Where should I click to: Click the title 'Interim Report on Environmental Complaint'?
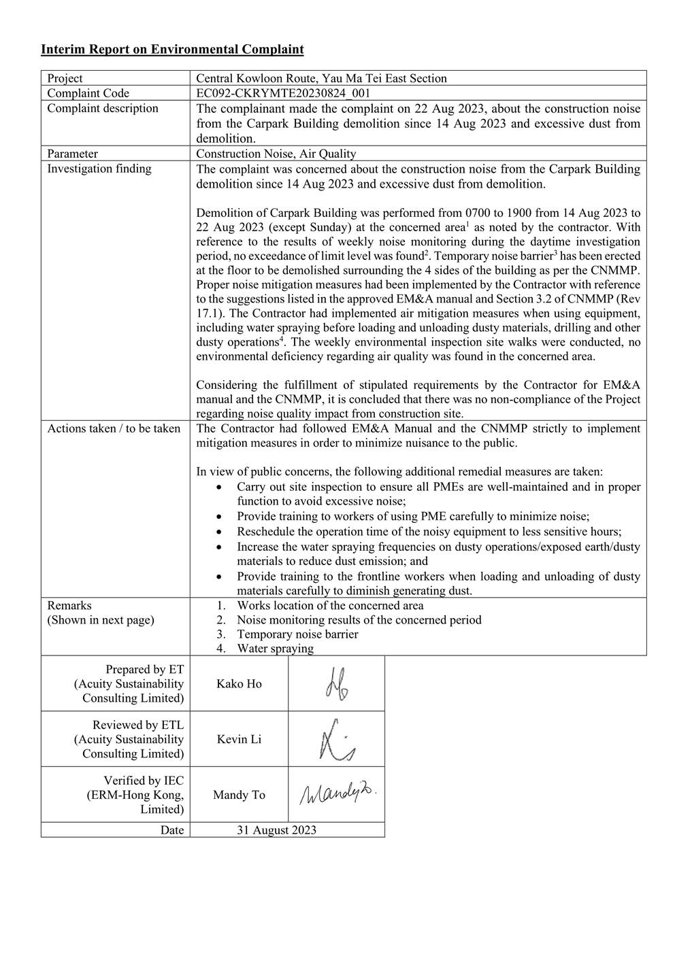tap(172, 50)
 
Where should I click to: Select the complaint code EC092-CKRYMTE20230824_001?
tap(283, 93)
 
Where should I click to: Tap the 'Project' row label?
tap(65, 78)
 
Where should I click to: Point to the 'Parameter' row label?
tap(72, 154)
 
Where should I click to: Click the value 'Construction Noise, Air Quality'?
tap(276, 154)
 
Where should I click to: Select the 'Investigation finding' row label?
tap(99, 169)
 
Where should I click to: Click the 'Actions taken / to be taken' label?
tap(114, 428)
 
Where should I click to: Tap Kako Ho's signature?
tap(336, 684)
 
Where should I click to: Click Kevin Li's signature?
tap(336, 739)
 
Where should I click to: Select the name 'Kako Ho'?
tap(239, 684)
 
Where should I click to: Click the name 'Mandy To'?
tap(239, 795)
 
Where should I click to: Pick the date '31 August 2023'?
tap(276, 830)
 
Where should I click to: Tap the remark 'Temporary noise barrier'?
tap(297, 634)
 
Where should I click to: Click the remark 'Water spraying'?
tap(275, 649)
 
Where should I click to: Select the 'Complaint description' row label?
tap(102, 108)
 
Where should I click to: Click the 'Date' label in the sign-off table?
tap(172, 830)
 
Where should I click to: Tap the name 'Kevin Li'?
tap(239, 739)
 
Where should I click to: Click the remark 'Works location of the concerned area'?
tap(330, 605)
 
